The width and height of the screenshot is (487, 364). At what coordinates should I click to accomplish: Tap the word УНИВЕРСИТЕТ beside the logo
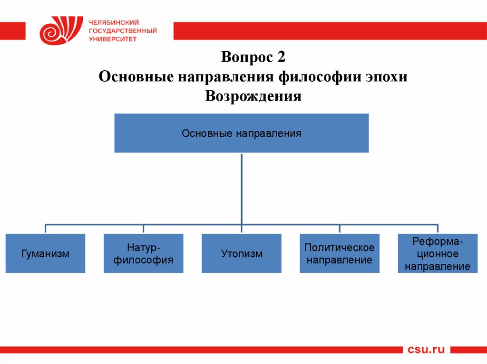pyautogui.click(x=112, y=39)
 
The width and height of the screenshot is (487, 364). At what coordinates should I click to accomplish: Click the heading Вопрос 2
pyautogui.click(x=253, y=57)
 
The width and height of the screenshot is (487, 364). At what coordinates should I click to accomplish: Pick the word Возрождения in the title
pyautogui.click(x=253, y=96)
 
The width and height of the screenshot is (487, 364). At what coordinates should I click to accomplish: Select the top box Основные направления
pyautogui.click(x=242, y=133)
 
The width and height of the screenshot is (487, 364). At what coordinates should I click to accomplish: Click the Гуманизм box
pyautogui.click(x=46, y=254)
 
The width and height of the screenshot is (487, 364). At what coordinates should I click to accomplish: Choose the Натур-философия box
pyautogui.click(x=143, y=254)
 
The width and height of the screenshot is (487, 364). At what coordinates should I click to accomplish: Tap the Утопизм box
pyautogui.click(x=242, y=254)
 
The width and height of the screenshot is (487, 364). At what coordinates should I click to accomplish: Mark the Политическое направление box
pyautogui.click(x=340, y=254)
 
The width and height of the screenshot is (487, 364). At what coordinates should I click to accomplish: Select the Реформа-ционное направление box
pyautogui.click(x=438, y=254)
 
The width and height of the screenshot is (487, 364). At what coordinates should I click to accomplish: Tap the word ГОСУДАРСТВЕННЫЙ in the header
pyautogui.click(x=122, y=30)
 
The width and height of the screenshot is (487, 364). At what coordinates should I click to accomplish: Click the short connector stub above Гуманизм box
pyautogui.click(x=46, y=229)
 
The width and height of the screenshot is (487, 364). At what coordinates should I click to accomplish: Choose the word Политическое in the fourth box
pyautogui.click(x=340, y=248)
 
